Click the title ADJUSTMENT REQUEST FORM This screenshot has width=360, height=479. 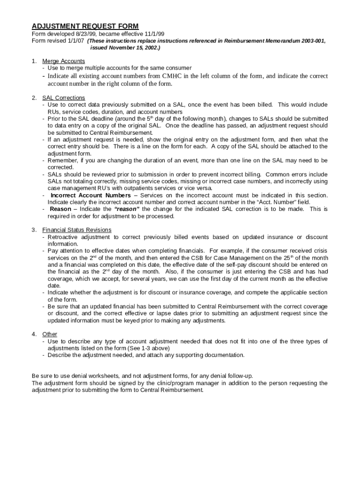coord(85,26)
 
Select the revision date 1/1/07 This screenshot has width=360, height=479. coord(75,41)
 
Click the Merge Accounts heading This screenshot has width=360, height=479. coord(64,61)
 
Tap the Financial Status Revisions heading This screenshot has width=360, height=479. coord(77,230)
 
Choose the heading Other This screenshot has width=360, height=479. coord(50,334)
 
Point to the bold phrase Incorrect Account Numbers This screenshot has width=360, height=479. coord(91,195)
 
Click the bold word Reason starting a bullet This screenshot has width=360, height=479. coord(61,209)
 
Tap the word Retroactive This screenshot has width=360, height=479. coord(65,237)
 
